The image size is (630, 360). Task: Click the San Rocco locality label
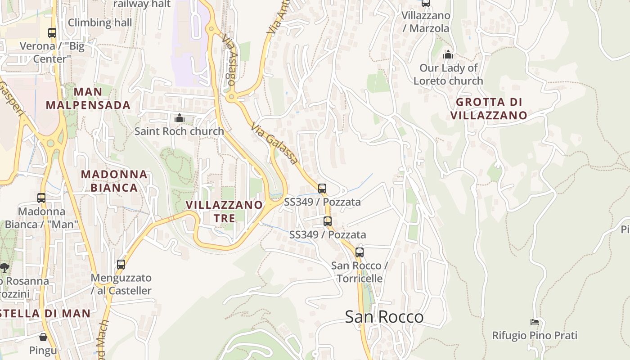pos(384,317)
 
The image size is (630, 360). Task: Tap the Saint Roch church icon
pos(180,118)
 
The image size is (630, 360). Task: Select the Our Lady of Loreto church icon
pos(448,55)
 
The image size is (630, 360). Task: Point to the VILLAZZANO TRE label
pos(224,211)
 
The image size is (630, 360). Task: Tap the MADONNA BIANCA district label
pos(114,181)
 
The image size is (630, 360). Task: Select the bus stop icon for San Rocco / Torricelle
pos(359,252)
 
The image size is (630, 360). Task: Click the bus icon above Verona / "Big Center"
pos(52,33)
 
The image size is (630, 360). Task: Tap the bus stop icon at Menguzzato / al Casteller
pos(121,265)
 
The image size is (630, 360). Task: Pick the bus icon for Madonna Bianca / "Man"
pos(41,198)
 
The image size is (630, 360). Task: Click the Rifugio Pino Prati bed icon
pos(535,322)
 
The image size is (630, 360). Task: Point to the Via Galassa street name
pos(275,143)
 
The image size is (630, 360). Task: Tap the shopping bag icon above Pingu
pos(43,337)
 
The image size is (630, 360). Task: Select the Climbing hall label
pos(100,22)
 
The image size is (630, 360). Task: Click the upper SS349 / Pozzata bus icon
pos(322,189)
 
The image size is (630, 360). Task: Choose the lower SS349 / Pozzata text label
pos(327,234)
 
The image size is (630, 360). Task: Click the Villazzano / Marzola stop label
pos(425,22)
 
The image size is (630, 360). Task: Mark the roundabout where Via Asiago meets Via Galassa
pos(232,96)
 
